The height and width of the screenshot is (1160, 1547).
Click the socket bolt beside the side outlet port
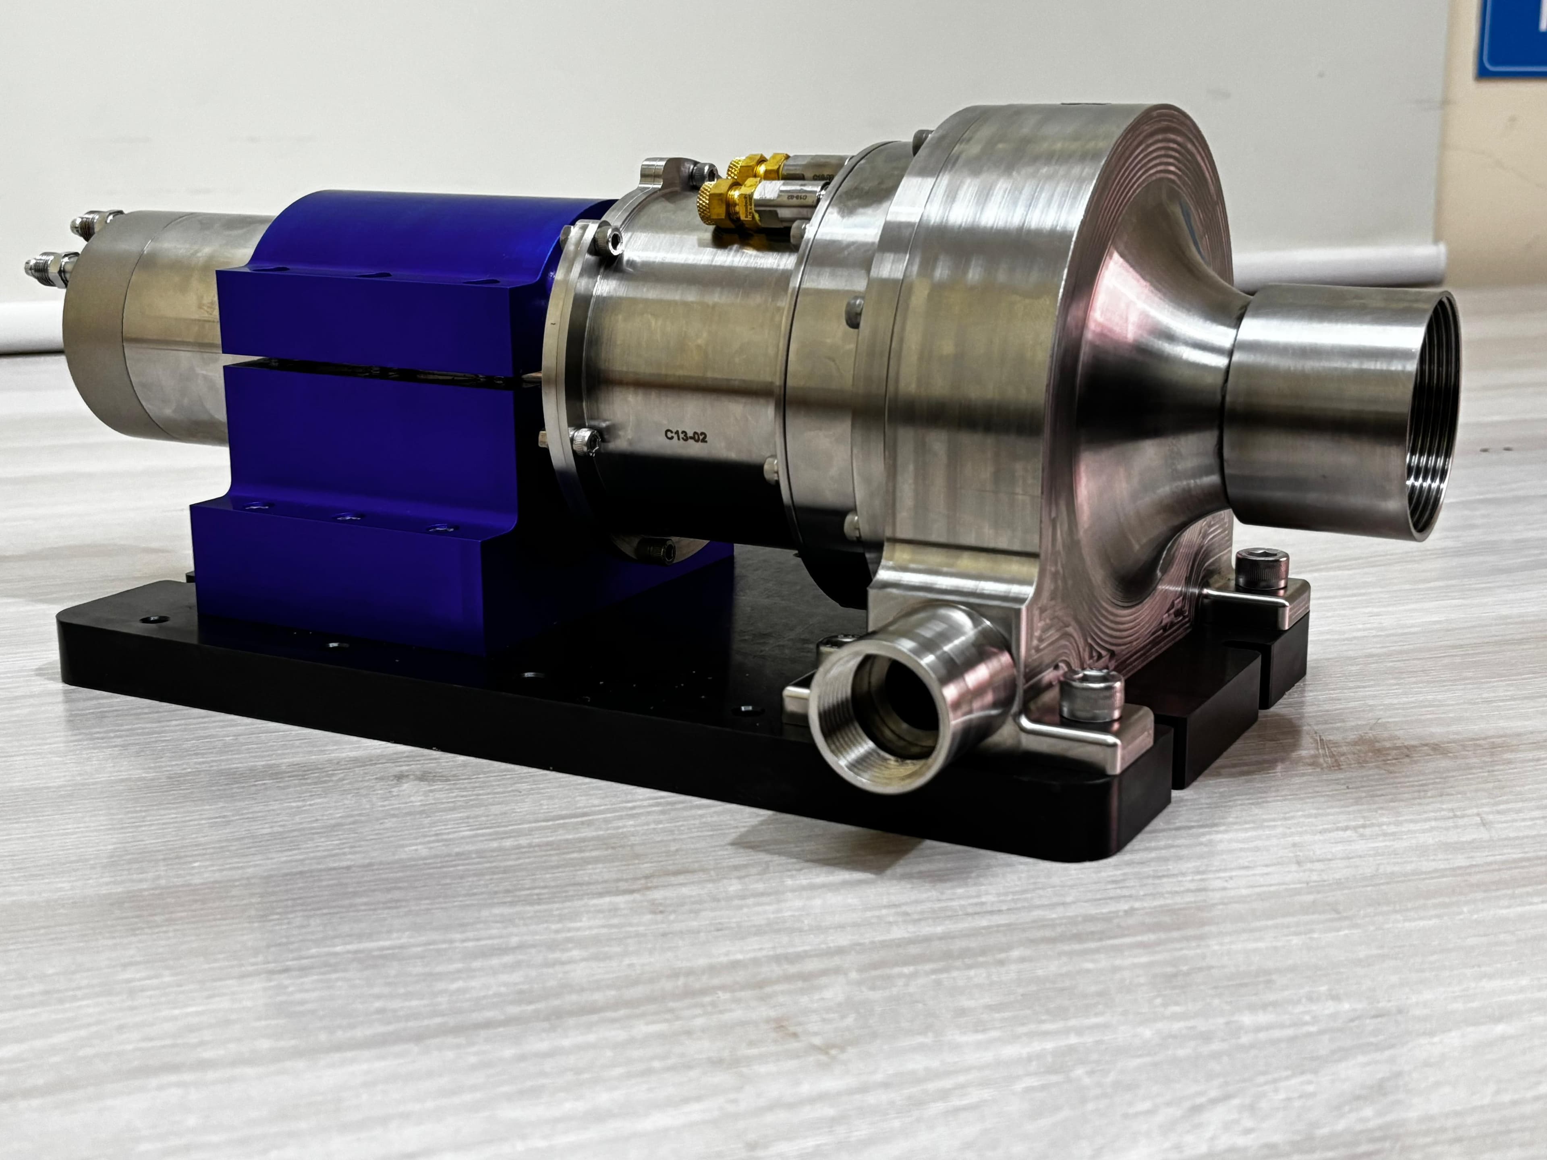point(1091,693)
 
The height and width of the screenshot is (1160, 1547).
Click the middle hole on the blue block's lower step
point(348,518)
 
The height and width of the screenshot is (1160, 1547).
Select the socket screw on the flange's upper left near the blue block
point(612,241)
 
